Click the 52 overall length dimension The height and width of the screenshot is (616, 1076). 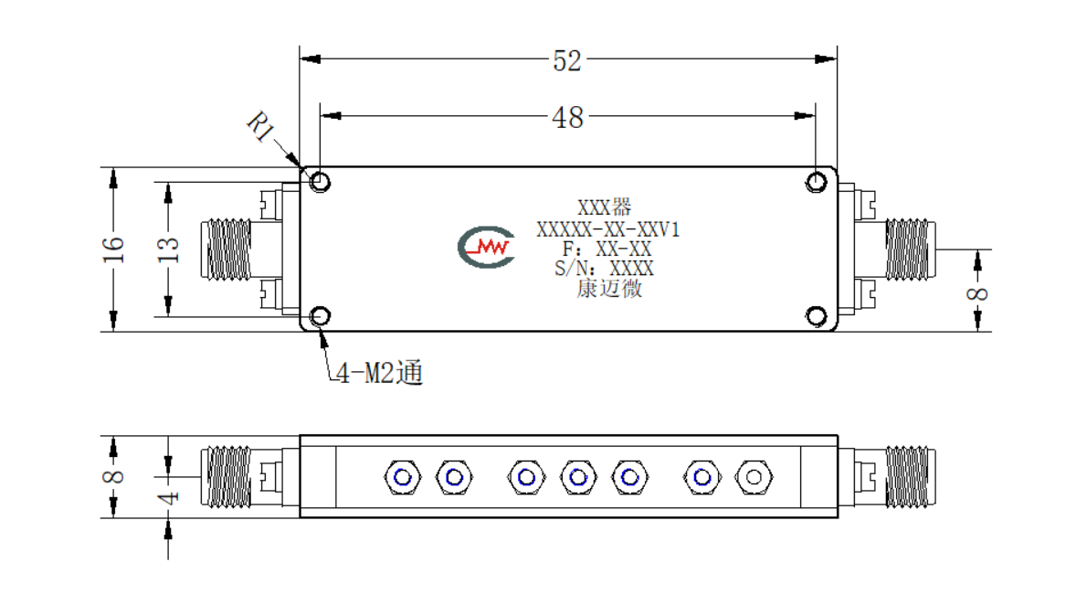click(567, 61)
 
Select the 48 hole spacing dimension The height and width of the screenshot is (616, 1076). click(567, 118)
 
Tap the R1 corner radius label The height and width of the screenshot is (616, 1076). click(260, 126)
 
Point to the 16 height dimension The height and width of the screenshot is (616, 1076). click(113, 250)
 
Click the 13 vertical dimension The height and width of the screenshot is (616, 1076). click(168, 250)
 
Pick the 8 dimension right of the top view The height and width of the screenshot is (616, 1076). click(977, 294)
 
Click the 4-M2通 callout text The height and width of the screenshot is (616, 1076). click(379, 373)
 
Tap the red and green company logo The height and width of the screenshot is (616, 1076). click(486, 247)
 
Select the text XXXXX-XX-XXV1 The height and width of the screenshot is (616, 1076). click(608, 229)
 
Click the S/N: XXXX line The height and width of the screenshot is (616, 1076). click(605, 269)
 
